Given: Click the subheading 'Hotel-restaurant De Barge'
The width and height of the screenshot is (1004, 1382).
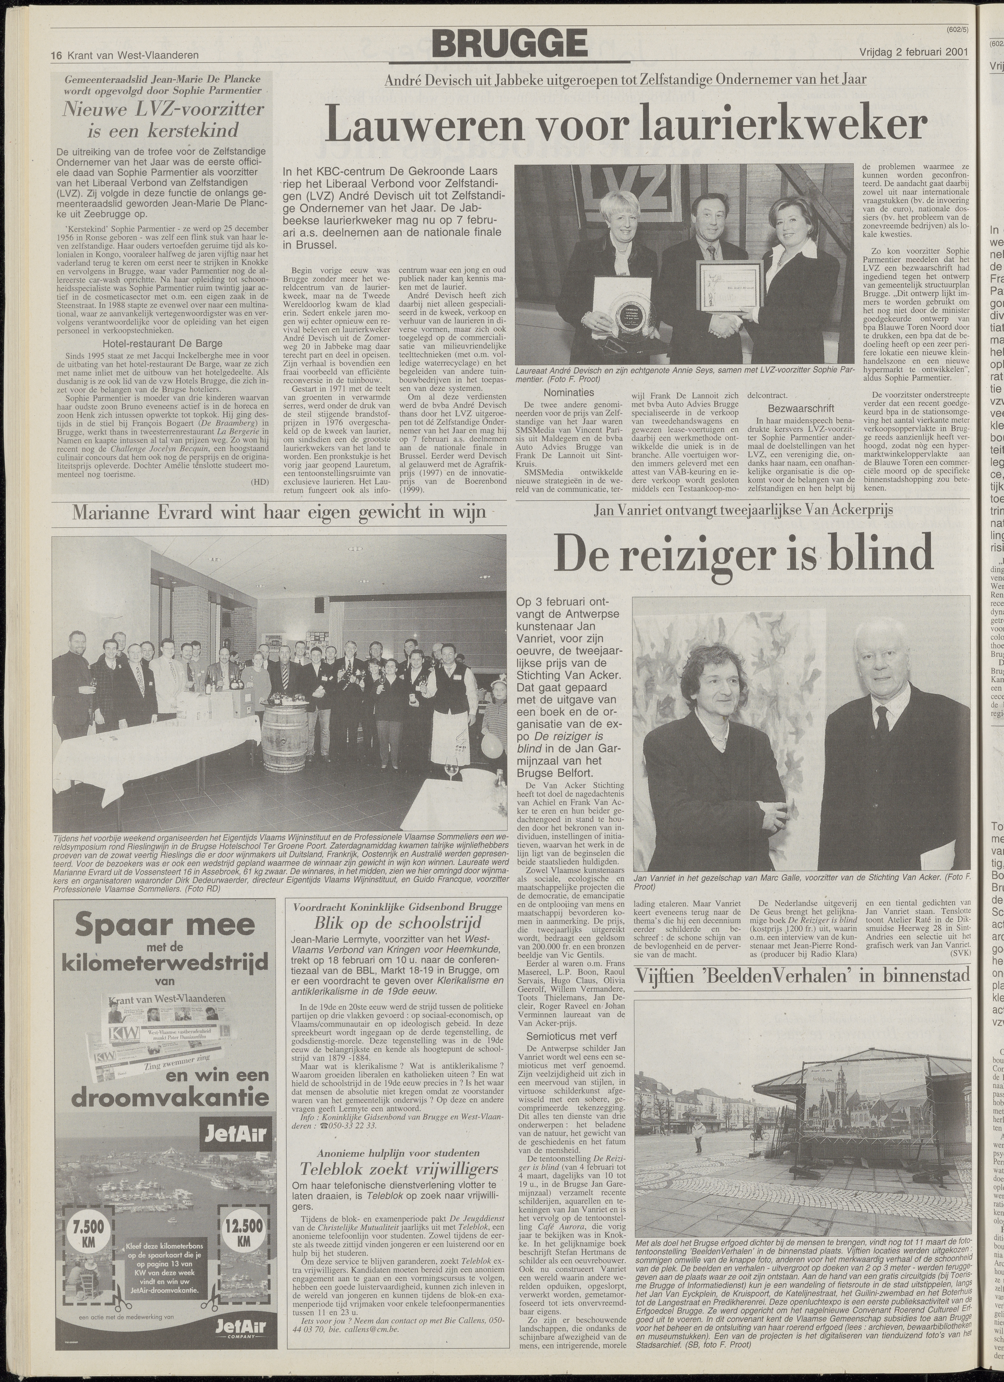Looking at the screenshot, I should coord(163,343).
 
